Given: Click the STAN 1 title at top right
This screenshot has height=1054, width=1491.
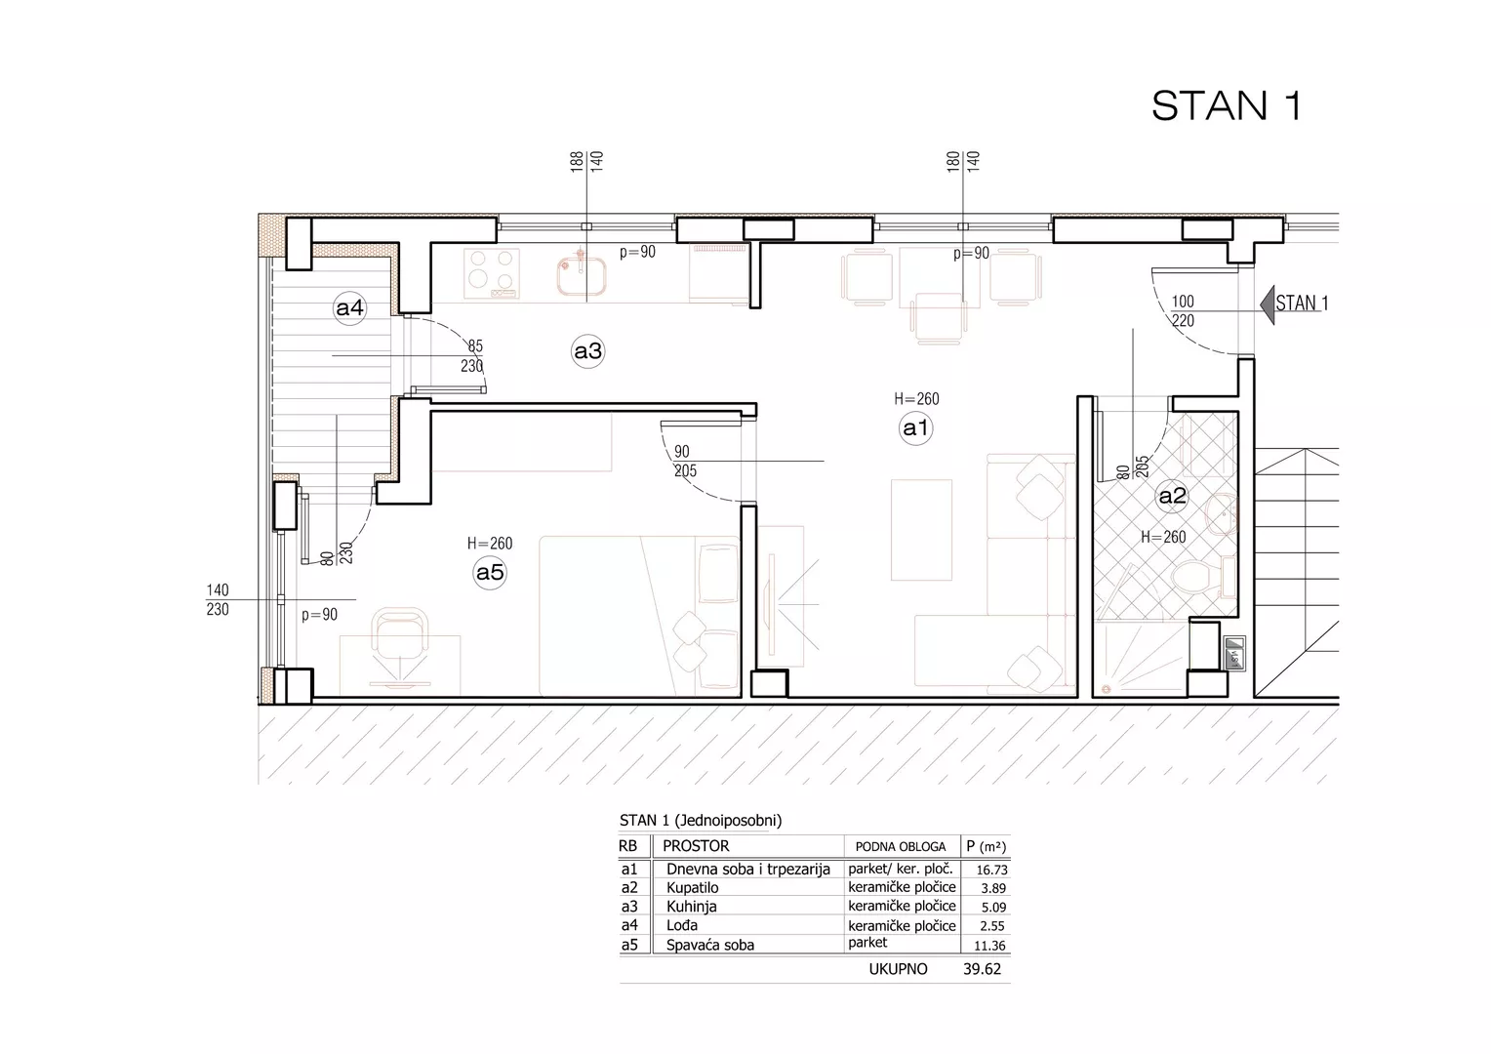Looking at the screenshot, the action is pyautogui.click(x=1227, y=105).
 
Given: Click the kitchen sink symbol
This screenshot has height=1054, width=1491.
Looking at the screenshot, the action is pyautogui.click(x=582, y=275).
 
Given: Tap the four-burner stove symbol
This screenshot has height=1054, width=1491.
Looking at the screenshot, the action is pyautogui.click(x=492, y=273).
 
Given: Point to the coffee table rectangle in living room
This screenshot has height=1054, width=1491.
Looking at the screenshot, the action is pyautogui.click(x=921, y=529).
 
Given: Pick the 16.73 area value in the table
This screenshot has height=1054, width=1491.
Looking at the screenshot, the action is pyautogui.click(x=991, y=870).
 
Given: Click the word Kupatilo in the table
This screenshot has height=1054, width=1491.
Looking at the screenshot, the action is pyautogui.click(x=692, y=887).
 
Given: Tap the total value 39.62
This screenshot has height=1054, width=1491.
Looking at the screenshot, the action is pyautogui.click(x=982, y=969).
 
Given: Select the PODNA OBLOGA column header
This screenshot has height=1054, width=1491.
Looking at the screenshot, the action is pyautogui.click(x=900, y=847).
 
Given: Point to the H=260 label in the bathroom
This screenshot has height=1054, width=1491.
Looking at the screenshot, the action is pyautogui.click(x=1163, y=538).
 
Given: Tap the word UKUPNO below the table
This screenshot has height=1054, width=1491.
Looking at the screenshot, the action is pyautogui.click(x=898, y=969).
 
